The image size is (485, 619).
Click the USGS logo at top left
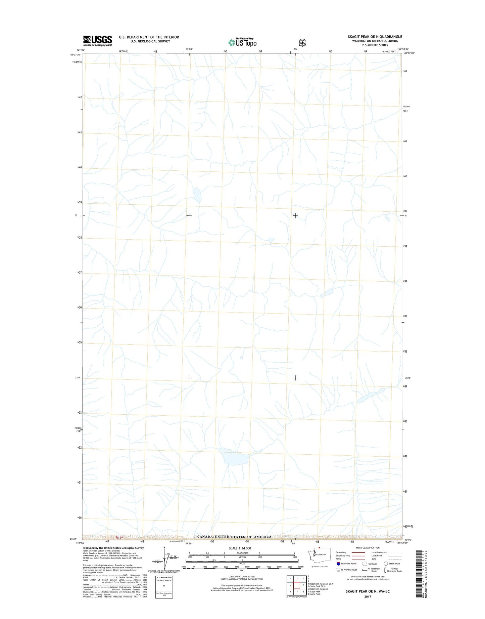(x=97, y=41)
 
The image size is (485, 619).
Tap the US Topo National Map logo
(x=242, y=42)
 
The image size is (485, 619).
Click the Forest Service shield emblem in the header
(x=302, y=43)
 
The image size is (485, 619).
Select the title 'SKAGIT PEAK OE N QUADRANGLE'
(x=375, y=37)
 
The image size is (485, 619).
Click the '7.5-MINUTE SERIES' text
(x=375, y=45)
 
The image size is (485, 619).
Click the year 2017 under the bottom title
(x=368, y=597)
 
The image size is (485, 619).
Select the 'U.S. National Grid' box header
(x=164, y=577)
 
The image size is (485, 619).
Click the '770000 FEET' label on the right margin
(x=405, y=109)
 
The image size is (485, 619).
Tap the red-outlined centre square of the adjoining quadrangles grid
(x=297, y=585)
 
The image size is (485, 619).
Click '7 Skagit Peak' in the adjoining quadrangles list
(x=314, y=591)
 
